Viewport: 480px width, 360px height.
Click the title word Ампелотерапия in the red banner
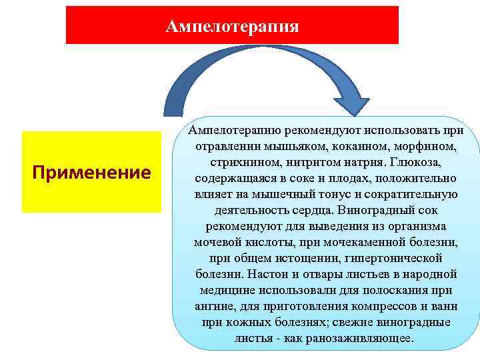(232, 26)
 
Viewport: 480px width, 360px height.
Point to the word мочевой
(215, 243)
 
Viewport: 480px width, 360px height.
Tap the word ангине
(213, 307)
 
